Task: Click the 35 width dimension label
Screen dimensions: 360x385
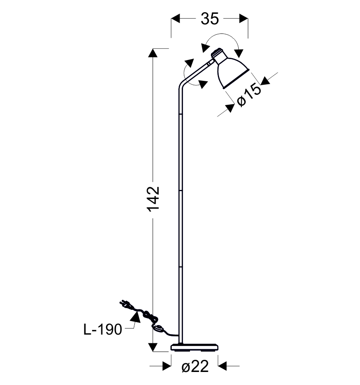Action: click(210, 19)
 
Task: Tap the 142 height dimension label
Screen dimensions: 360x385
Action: click(153, 199)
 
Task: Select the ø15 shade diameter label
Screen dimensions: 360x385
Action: click(249, 95)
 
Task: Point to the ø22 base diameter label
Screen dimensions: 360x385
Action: click(195, 367)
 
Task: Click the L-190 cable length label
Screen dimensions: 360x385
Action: click(103, 329)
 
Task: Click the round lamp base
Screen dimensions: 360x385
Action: click(194, 347)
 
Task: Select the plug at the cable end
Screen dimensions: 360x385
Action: click(126, 305)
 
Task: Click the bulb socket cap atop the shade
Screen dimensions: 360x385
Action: click(217, 53)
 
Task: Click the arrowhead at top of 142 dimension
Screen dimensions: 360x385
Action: click(153, 53)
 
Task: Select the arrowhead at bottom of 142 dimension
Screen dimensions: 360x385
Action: click(153, 347)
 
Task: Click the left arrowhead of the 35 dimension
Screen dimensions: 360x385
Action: click(176, 18)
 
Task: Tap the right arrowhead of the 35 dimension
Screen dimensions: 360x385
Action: click(243, 18)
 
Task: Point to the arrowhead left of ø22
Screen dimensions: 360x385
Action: click(167, 366)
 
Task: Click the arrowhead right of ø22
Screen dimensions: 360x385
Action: click(222, 366)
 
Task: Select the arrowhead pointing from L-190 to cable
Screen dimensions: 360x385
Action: click(135, 317)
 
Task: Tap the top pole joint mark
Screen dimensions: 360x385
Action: click(180, 114)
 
